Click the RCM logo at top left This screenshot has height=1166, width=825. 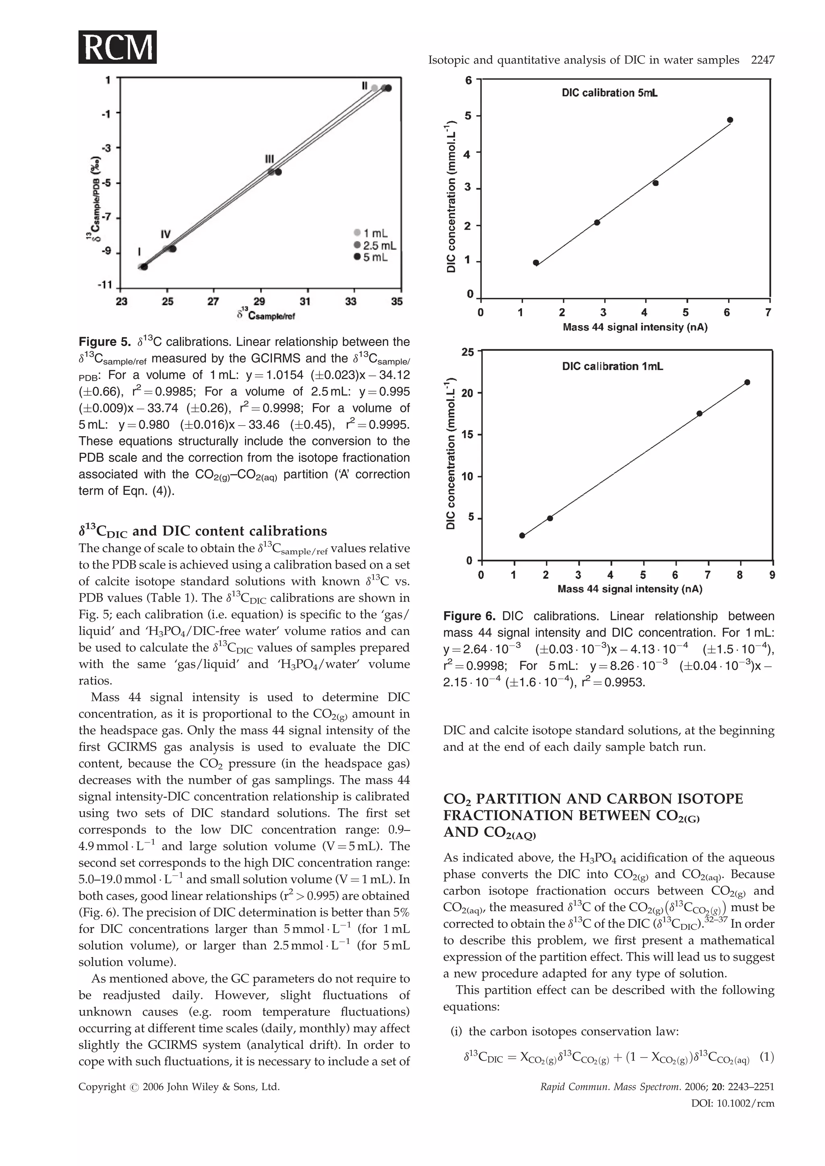tap(117, 47)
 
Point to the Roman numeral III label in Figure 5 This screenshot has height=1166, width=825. tap(269, 159)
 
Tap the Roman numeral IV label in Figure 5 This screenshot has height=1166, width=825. tap(166, 234)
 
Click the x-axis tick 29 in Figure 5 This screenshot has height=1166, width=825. tap(259, 302)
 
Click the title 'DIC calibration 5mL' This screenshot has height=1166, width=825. tap(609, 93)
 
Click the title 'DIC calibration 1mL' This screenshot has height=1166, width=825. tap(612, 366)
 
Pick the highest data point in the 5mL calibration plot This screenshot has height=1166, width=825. tap(730, 120)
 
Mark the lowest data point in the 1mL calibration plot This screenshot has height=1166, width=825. tap(522, 535)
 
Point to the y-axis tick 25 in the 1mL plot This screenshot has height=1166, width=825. tap(468, 351)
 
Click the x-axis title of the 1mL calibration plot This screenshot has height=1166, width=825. tap(629, 589)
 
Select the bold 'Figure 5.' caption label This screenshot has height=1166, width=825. tap(104, 342)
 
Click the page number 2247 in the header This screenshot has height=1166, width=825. tap(763, 60)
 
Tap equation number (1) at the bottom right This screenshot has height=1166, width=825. tap(767, 1057)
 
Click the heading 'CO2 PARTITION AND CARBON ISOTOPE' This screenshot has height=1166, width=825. tap(593, 799)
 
